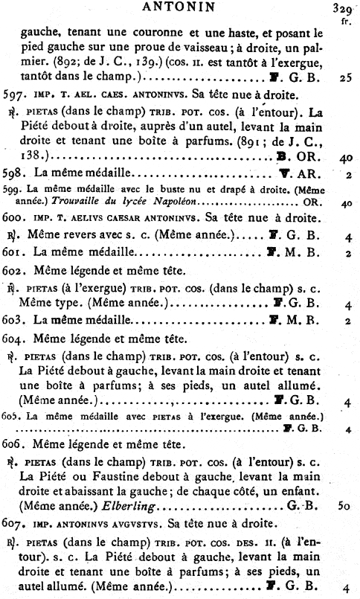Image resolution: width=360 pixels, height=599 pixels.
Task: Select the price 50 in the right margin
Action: tap(343, 506)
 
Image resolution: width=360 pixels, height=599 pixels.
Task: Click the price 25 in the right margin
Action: tap(344, 77)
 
